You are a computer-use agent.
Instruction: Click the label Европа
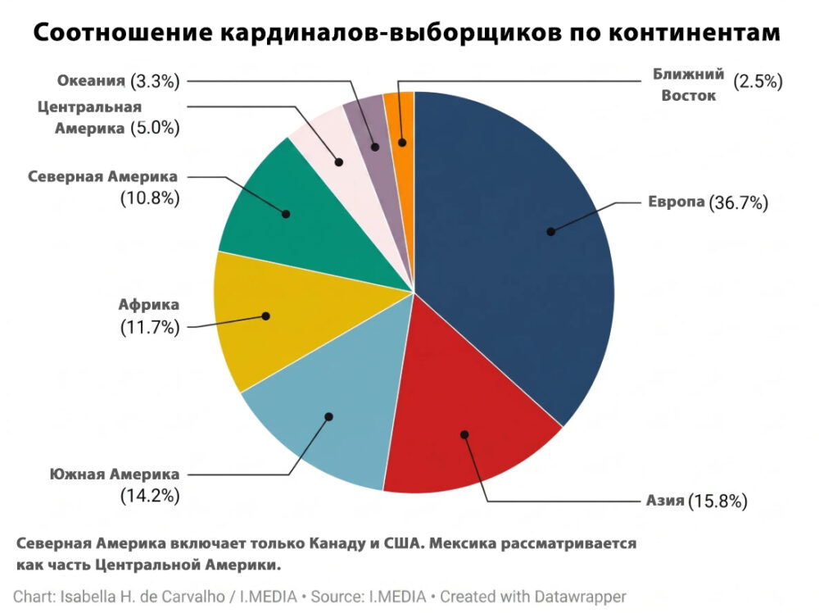(x=676, y=202)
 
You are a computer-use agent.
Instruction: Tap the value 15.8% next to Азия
(x=717, y=502)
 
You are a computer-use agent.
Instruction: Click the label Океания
(x=91, y=80)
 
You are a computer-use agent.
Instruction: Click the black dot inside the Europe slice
(x=551, y=231)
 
